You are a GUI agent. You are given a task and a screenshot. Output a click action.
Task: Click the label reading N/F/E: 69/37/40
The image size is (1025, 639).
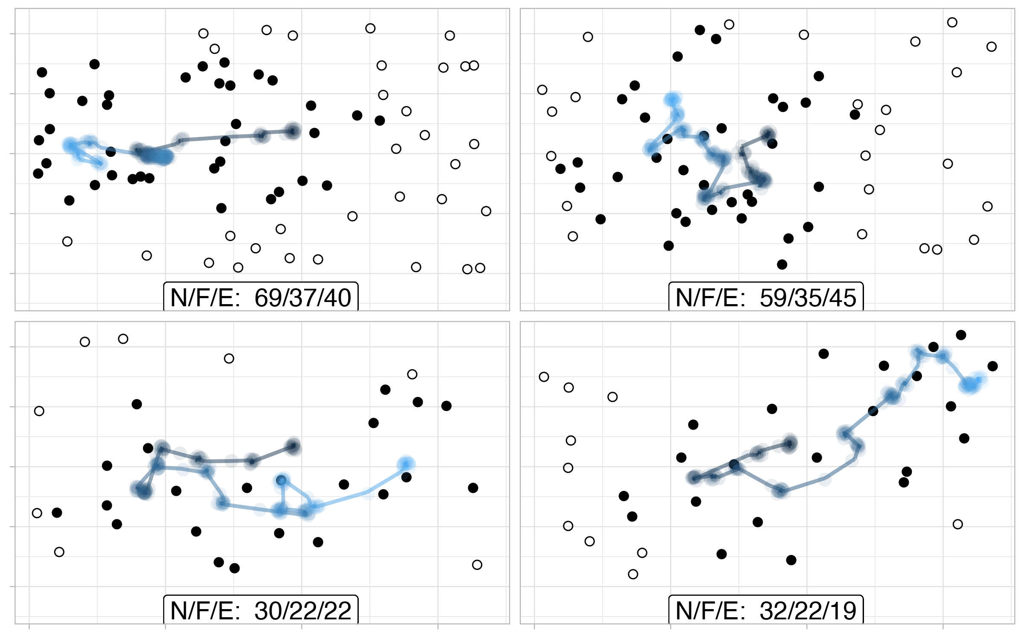[261, 297]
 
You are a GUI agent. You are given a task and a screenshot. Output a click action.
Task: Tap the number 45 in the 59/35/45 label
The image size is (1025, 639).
[843, 298]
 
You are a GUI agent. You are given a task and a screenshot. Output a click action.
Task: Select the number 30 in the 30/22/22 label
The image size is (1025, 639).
[267, 611]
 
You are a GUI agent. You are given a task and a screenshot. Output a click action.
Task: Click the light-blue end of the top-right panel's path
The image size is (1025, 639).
[672, 99]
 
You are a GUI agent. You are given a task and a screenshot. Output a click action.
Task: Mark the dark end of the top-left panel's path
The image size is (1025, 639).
[293, 131]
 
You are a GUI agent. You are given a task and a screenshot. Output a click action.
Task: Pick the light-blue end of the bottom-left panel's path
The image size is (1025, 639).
[406, 464]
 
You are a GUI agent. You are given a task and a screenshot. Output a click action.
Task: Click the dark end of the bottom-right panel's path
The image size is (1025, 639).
[789, 443]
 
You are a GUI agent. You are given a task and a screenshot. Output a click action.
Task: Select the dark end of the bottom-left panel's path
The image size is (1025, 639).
[293, 446]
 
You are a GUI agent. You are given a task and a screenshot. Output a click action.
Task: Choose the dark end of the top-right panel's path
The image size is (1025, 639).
[768, 134]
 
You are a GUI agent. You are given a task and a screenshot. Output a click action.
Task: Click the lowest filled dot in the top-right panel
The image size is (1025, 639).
[782, 264]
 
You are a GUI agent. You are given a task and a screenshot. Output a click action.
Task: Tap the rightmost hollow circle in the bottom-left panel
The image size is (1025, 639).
[477, 565]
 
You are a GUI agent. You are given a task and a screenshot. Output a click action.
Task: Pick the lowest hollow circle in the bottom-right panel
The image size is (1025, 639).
[633, 574]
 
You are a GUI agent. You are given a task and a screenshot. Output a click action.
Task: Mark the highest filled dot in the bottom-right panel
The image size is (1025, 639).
[961, 335]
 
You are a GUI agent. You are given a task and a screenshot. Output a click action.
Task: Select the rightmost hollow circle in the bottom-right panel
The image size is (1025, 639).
[958, 524]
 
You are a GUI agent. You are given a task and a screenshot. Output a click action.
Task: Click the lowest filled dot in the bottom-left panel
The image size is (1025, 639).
[234, 568]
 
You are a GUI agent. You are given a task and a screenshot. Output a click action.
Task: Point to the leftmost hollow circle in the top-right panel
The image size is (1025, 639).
[542, 90]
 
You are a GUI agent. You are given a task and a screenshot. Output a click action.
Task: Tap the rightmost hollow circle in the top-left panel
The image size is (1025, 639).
[486, 211]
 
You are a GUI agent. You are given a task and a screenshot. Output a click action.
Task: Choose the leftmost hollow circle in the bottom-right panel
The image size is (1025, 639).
[544, 377]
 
